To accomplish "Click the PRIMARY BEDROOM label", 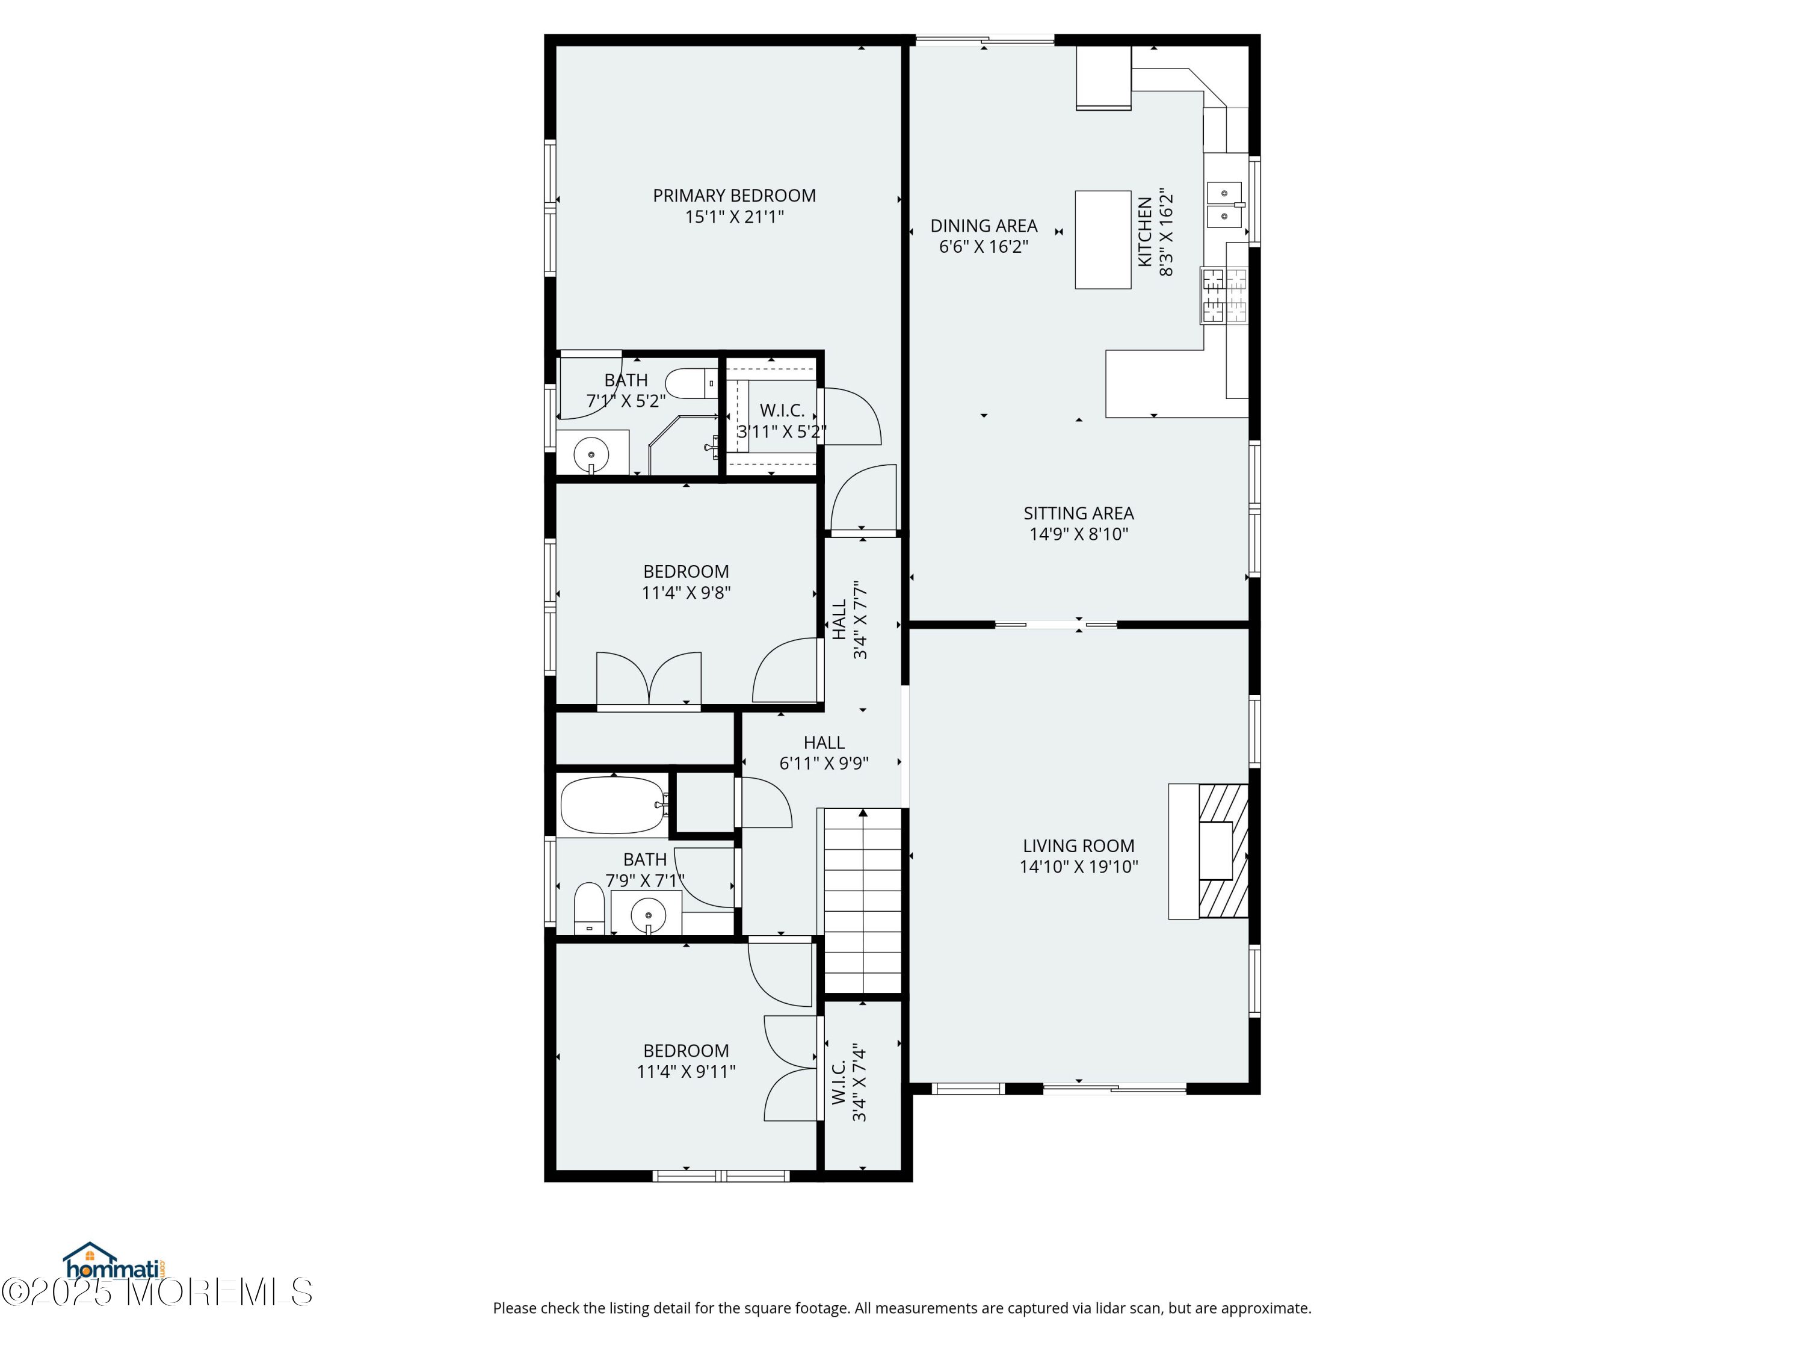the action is click(x=735, y=196).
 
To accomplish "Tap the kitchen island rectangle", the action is click(x=1102, y=240).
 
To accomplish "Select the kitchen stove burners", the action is click(x=1224, y=295).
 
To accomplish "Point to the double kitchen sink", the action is click(x=1224, y=205).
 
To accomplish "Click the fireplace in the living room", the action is click(x=1209, y=852).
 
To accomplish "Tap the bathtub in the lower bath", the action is click(x=613, y=805).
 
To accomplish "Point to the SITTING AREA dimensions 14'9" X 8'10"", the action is click(x=1079, y=534).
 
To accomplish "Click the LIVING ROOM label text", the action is click(x=1079, y=846).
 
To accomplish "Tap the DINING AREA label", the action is click(x=984, y=226).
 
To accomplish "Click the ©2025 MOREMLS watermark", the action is click(x=156, y=1291).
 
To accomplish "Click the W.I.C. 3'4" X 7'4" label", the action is click(x=848, y=1081).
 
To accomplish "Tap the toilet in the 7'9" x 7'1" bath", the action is click(x=589, y=907).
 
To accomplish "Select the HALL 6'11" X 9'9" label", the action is click(x=824, y=752).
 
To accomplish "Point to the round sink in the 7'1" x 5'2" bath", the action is click(x=591, y=453).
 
